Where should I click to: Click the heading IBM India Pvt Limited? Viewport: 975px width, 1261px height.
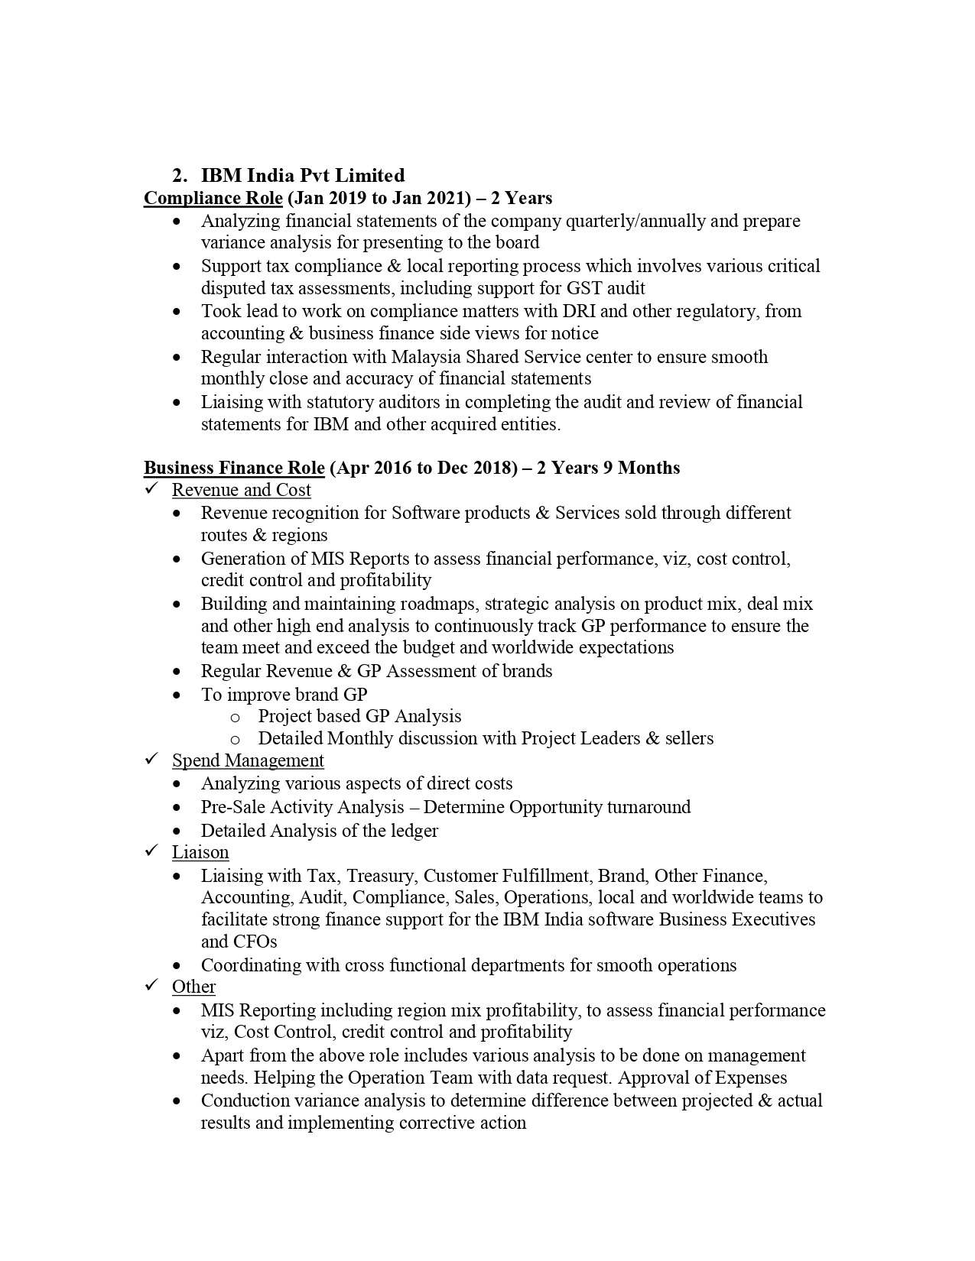coord(303,175)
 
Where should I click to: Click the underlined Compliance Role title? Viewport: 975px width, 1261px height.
coord(213,198)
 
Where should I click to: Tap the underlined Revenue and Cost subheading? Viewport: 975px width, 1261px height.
coord(241,490)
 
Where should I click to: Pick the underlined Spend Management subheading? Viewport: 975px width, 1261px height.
coord(248,760)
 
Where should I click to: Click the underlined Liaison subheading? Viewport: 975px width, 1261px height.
coord(200,852)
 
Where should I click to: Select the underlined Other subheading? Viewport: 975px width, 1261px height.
coord(193,987)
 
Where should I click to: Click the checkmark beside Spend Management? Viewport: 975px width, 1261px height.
coord(151,760)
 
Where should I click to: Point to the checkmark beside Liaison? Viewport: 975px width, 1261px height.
coord(151,851)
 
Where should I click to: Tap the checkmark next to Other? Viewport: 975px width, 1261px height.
coord(151,986)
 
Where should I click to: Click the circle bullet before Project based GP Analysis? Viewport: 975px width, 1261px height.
coord(236,717)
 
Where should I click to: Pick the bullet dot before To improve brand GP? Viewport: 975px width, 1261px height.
coord(177,695)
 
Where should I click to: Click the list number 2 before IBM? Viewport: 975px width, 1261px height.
coord(178,175)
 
